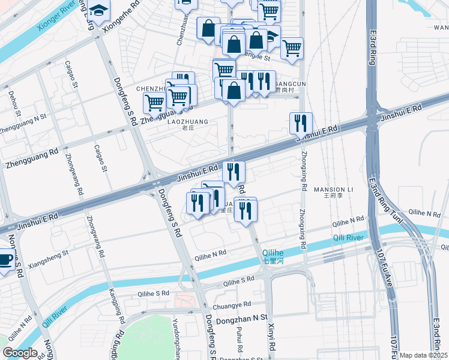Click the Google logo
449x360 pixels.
[x=20, y=353]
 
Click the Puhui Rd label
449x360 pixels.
[x=240, y=340]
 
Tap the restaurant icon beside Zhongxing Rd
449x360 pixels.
[x=301, y=124]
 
